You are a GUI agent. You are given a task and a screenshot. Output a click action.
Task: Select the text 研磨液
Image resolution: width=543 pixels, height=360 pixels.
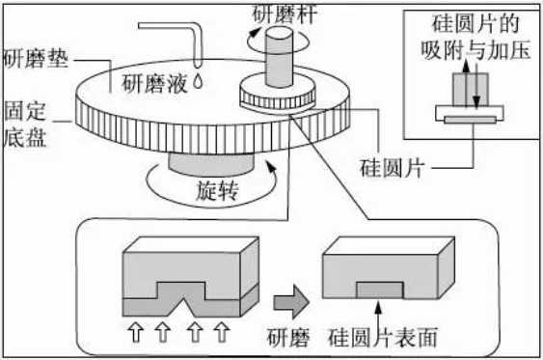tap(152, 81)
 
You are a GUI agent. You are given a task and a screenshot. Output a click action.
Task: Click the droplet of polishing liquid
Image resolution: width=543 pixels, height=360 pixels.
tap(198, 81)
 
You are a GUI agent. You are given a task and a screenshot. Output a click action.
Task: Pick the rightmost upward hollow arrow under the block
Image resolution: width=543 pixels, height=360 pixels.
tap(222, 332)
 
